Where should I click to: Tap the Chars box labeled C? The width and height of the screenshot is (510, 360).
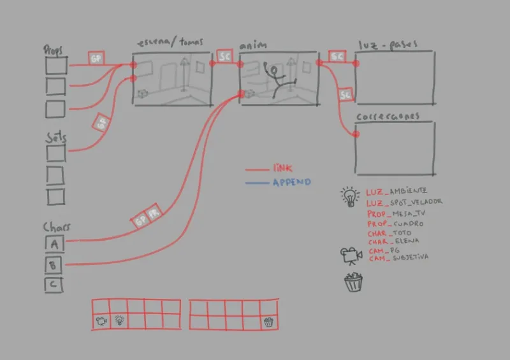coord(54,284)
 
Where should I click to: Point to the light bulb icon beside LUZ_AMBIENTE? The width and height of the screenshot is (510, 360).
coord(349,196)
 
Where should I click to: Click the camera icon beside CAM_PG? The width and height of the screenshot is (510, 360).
coord(351,255)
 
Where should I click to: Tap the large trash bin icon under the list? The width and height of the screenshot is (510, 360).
coord(353,282)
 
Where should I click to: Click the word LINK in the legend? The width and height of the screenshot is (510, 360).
coord(282,169)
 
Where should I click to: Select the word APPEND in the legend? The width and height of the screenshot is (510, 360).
coord(291,182)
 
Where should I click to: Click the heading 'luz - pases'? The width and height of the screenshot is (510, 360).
coord(388,45)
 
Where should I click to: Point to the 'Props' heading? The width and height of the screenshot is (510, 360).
coord(54,50)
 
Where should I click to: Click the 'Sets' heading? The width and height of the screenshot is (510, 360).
coord(55,138)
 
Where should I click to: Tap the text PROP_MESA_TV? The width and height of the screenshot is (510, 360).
coord(395,213)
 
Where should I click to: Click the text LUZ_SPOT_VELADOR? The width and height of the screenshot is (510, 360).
coord(404,202)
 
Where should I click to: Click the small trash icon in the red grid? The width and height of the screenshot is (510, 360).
coord(268,322)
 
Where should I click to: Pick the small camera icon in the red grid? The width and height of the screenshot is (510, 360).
coord(101,321)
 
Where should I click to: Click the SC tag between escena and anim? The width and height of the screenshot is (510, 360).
coord(224,57)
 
